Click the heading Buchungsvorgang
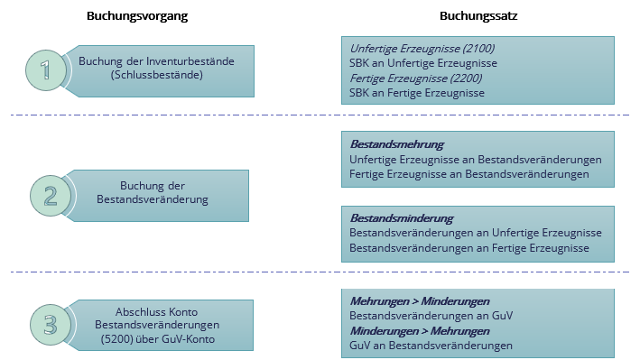pyautogui.click(x=137, y=16)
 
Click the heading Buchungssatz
pyautogui.click(x=478, y=16)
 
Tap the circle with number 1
pyautogui.click(x=46, y=70)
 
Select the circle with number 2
pyautogui.click(x=51, y=196)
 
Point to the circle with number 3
pyautogui.click(x=51, y=325)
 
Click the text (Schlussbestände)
pyautogui.click(x=157, y=75)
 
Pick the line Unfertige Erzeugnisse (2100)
pyautogui.click(x=422, y=49)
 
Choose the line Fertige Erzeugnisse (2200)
pyautogui.click(x=416, y=78)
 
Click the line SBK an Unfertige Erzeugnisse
pyautogui.click(x=423, y=63)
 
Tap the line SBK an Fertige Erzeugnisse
pyautogui.click(x=417, y=93)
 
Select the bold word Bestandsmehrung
pyautogui.click(x=397, y=144)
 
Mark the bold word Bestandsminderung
pyautogui.click(x=402, y=218)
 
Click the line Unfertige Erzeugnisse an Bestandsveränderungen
pyautogui.click(x=476, y=160)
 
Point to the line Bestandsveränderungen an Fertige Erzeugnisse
pyautogui.click(x=469, y=248)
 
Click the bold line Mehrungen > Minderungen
pyautogui.click(x=420, y=301)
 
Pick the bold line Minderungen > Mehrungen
pyautogui.click(x=420, y=331)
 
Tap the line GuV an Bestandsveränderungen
pyautogui.click(x=431, y=346)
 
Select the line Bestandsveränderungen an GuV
pyautogui.click(x=431, y=316)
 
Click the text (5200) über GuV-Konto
pyautogui.click(x=158, y=339)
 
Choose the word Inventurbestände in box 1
pyautogui.click(x=190, y=61)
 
